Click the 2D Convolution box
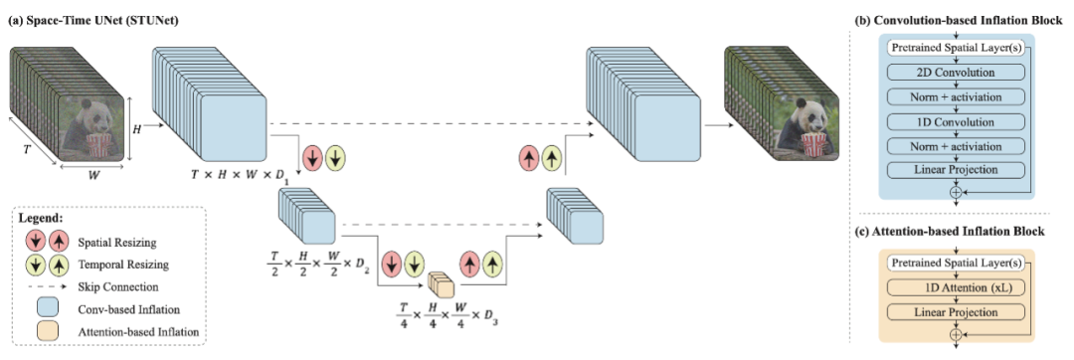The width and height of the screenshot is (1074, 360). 954,73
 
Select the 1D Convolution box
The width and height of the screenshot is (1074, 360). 954,122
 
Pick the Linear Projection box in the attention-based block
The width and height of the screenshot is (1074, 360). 954,312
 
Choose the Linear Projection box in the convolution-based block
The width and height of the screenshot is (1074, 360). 954,170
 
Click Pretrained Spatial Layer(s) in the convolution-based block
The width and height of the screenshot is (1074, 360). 954,48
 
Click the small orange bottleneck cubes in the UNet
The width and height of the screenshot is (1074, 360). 440,284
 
